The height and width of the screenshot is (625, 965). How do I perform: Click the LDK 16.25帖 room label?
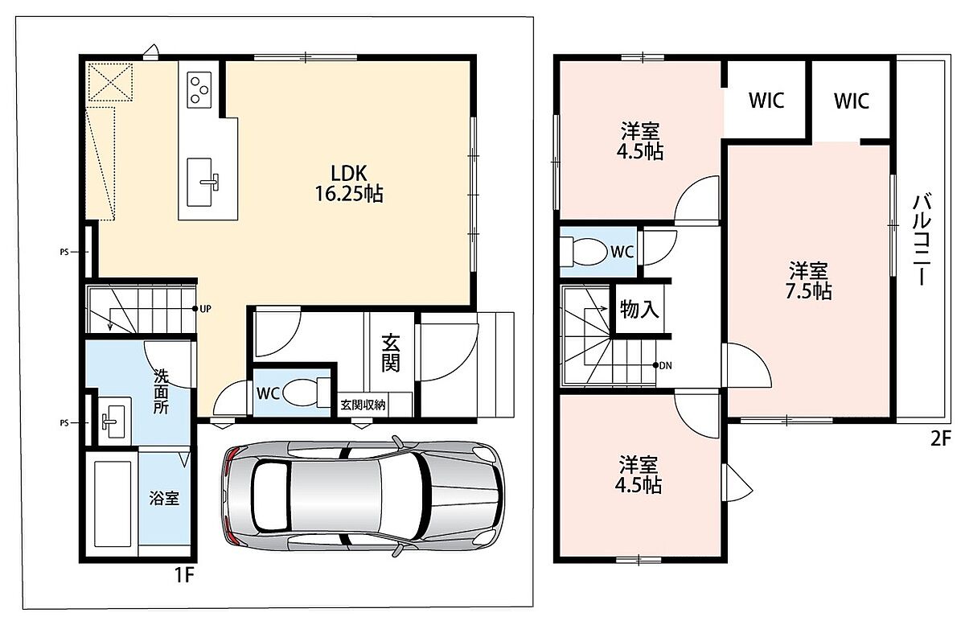pos(349,183)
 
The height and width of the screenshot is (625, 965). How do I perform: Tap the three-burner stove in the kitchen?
pos(199,90)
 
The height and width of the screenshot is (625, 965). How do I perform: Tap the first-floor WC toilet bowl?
pos(306,393)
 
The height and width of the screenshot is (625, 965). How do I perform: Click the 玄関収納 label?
pos(363,405)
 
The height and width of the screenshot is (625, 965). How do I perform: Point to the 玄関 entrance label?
pos(391,353)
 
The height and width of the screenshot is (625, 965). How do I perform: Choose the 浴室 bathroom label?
pos(164,498)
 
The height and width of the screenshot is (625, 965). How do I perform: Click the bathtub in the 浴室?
pos(113,504)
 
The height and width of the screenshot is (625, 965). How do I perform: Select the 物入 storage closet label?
pos(639,309)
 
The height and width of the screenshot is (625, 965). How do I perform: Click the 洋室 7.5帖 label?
pos(808,281)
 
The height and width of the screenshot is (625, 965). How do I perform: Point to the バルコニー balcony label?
pos(922,240)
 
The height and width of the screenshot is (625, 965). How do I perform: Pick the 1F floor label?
pos(184,575)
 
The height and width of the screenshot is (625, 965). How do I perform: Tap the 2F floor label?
pos(940,439)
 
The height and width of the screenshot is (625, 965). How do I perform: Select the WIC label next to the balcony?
pos(852,101)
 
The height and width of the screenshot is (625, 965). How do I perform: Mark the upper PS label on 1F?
pos(64,252)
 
